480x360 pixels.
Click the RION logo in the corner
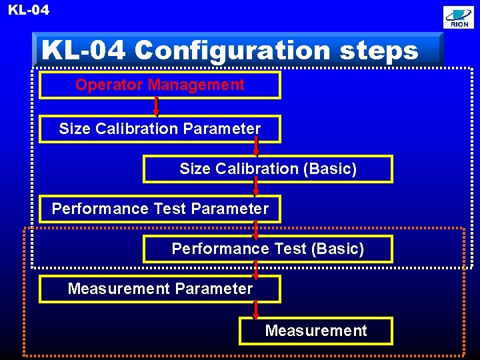pyautogui.click(x=459, y=17)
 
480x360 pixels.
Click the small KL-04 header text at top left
pyautogui.click(x=29, y=10)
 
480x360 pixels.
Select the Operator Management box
pyautogui.click(x=160, y=85)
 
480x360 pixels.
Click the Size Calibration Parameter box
pyautogui.click(x=160, y=129)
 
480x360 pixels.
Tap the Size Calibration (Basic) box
pyautogui.click(x=268, y=169)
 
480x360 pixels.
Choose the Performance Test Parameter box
pyautogui.click(x=160, y=209)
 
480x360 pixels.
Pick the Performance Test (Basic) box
pyautogui.click(x=268, y=249)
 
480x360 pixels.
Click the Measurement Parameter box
pyautogui.click(x=160, y=289)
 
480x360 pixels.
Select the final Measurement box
pyautogui.click(x=316, y=331)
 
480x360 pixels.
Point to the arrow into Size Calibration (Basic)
pyautogui.click(x=256, y=147)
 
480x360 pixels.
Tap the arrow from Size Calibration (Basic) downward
pyautogui.click(x=256, y=187)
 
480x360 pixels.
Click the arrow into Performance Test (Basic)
pyautogui.click(x=256, y=228)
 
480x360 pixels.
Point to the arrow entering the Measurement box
pyautogui.click(x=256, y=309)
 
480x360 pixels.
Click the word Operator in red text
pyautogui.click(x=109, y=85)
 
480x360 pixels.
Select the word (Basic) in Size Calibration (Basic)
pyautogui.click(x=330, y=169)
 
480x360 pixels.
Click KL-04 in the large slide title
pyautogui.click(x=84, y=51)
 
